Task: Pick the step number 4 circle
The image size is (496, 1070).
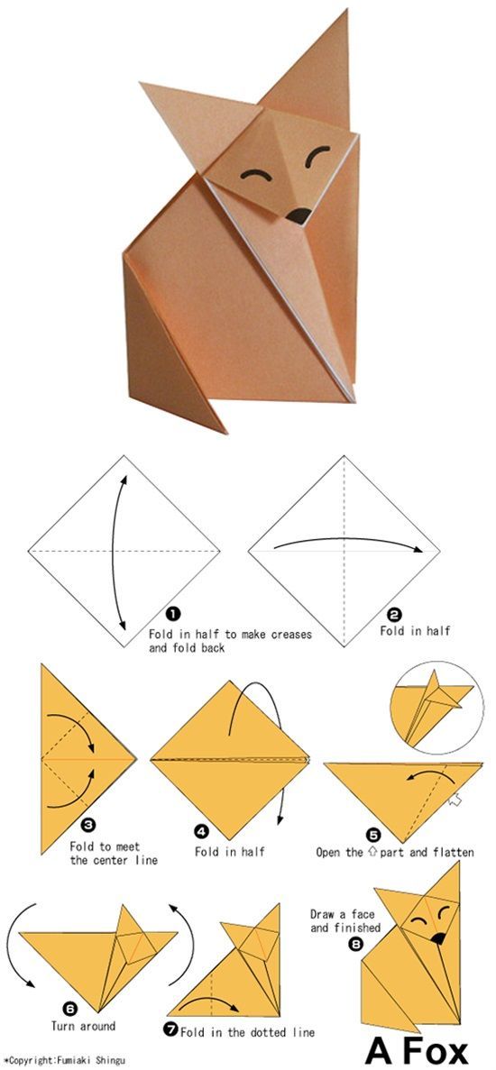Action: point(201,831)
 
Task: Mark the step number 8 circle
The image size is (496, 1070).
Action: point(355,945)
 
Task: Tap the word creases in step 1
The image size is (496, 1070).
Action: point(288,635)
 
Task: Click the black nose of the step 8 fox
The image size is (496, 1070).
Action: point(437,938)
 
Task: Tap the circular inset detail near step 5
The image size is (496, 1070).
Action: point(432,709)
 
